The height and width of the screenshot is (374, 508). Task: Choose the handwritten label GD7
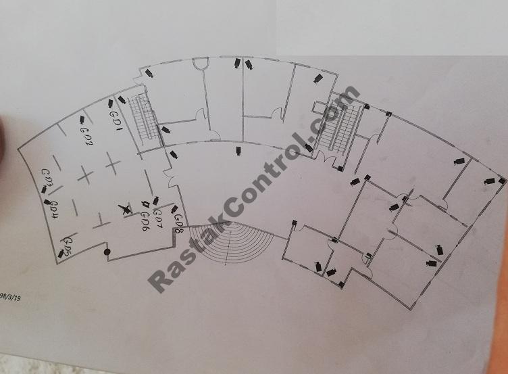click(157, 217)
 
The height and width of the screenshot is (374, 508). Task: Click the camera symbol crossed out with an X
click(124, 210)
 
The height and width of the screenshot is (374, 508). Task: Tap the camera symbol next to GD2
click(82, 120)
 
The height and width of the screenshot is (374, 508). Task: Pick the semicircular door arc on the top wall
click(199, 65)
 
